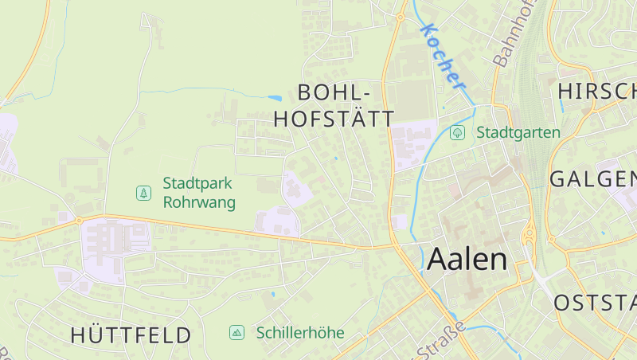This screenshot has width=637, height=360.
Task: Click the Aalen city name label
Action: tap(467, 259)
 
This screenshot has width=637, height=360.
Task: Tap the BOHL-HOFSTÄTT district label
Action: tap(334, 104)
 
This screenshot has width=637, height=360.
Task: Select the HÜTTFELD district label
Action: tap(131, 335)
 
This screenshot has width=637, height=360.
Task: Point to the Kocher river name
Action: tap(443, 55)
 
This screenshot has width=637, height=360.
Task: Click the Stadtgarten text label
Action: tap(518, 132)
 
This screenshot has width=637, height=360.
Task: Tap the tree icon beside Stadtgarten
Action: tap(457, 132)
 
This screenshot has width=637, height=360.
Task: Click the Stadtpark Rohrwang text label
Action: tap(199, 193)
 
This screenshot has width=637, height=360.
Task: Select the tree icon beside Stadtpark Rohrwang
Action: tap(143, 193)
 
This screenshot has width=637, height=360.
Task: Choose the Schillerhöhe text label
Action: tap(300, 332)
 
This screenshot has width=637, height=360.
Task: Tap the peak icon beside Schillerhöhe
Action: tap(236, 332)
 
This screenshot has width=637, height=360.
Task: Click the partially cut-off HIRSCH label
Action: tap(597, 91)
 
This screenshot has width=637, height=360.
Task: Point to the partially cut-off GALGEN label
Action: tap(593, 178)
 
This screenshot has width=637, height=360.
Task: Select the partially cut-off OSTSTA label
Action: tap(595, 303)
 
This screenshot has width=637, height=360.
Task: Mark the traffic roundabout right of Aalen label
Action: tap(528, 235)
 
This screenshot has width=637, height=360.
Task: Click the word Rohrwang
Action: tap(199, 202)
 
